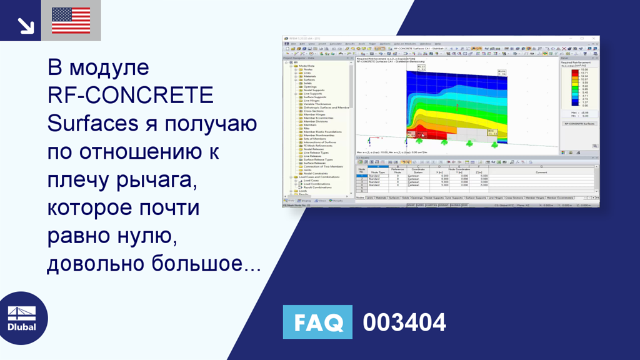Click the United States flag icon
click(x=71, y=20)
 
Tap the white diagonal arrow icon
click(x=25, y=25)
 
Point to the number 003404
click(x=404, y=322)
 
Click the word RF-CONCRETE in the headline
click(x=131, y=96)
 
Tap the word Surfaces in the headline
click(x=92, y=124)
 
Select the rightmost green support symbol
click(x=494, y=145)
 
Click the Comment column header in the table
click(x=541, y=172)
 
